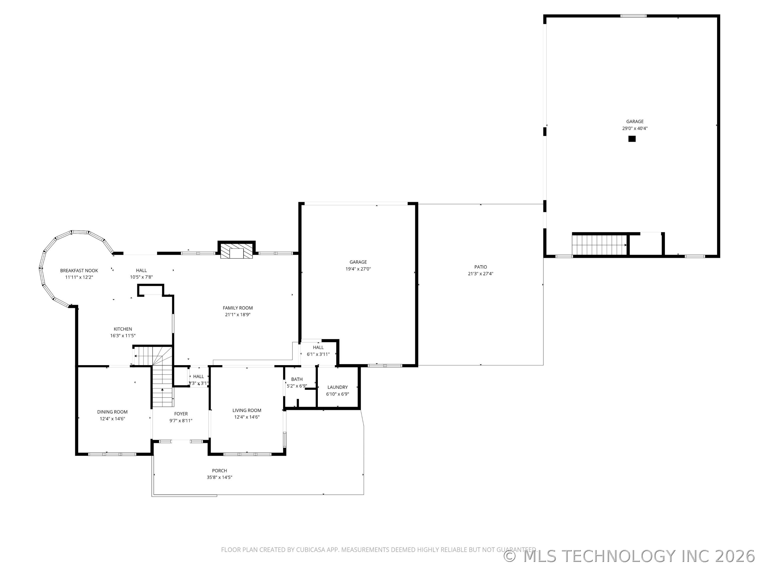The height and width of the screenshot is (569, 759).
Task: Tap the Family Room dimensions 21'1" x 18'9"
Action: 238,315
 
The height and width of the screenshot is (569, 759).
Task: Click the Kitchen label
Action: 123,329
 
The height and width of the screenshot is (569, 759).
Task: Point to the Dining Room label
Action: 112,412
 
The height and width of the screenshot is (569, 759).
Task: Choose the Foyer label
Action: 181,414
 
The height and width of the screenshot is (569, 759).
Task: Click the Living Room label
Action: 247,410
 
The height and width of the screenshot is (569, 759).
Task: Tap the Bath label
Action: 297,379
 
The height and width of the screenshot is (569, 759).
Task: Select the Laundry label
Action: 338,387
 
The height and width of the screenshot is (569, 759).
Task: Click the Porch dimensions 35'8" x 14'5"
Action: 220,477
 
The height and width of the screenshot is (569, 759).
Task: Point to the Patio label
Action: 481,267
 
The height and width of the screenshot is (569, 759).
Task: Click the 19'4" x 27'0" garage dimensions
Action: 358,269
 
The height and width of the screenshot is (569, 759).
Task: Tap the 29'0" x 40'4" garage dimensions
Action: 635,128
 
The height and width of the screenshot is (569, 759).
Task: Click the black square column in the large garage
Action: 632,139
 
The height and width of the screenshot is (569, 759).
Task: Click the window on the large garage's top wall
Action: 633,16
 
